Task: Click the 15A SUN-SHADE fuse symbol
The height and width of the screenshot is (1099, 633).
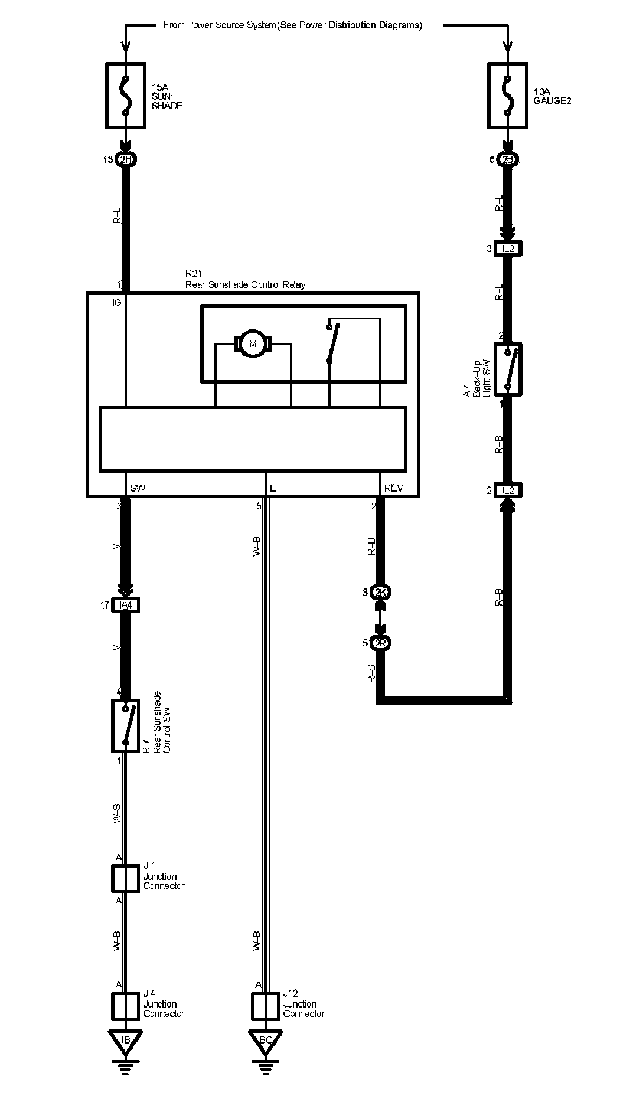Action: [126, 95]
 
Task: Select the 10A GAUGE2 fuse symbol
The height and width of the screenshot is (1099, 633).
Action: [507, 95]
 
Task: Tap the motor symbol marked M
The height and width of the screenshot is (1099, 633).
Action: [253, 344]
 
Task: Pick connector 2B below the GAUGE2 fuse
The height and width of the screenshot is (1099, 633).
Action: [507, 159]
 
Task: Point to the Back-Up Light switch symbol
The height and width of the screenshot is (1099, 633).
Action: [508, 369]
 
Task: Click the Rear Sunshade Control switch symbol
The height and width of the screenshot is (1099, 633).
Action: [126, 725]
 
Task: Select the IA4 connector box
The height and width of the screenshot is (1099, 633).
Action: [126, 605]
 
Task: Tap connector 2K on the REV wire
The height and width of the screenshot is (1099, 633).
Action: [380, 592]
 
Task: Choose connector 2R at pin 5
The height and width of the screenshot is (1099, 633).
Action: [380, 643]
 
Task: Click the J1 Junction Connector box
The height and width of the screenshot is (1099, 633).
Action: [126, 878]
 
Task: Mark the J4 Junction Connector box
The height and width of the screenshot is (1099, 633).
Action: [126, 1006]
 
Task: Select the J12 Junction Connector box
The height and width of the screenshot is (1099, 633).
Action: [265, 1006]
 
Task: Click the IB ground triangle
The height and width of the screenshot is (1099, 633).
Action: [125, 1040]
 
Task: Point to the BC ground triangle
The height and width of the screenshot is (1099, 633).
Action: [265, 1040]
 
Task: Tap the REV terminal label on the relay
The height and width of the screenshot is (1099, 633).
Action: [393, 488]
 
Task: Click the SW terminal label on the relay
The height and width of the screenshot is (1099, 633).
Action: [138, 488]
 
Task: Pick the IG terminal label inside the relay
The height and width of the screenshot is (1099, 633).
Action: [117, 303]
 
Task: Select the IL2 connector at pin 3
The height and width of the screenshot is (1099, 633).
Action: [508, 248]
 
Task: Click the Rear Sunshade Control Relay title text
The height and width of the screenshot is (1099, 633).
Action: [245, 284]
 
